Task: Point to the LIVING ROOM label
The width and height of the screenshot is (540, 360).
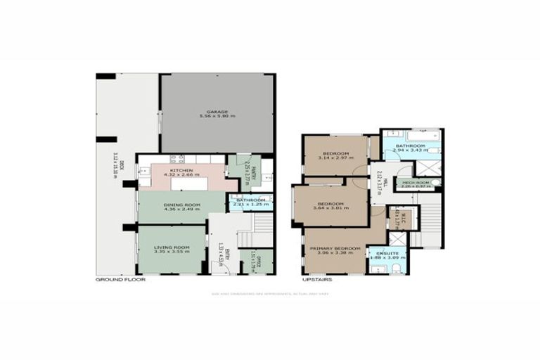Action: tap(174, 247)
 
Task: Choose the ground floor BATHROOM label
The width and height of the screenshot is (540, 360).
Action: tap(251, 200)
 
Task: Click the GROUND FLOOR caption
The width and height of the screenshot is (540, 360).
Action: tap(120, 280)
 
